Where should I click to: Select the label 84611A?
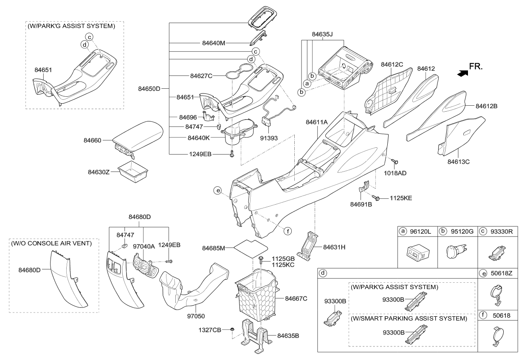click(317, 122)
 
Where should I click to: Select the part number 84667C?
click(296, 298)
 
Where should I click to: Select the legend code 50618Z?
click(502, 273)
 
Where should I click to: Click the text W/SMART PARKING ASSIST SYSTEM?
click(409, 318)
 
